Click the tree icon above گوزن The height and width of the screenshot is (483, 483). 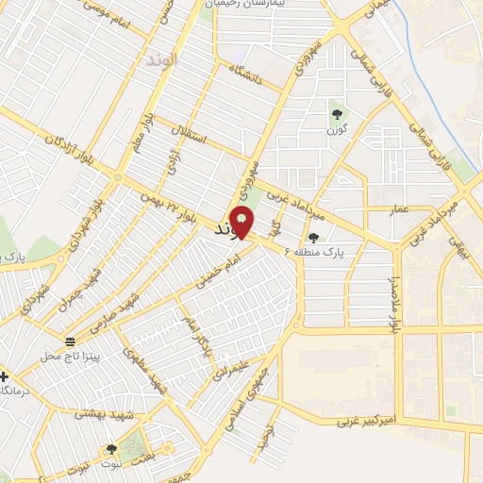click(x=337, y=115)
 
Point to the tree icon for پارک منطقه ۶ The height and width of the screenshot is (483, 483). click(x=313, y=238)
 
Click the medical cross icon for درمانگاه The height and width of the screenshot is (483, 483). click(x=4, y=375)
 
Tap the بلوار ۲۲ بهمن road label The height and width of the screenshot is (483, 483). click(x=171, y=208)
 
